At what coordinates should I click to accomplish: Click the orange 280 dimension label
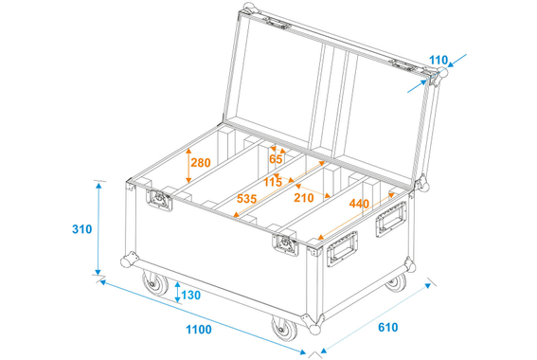(x=200, y=163)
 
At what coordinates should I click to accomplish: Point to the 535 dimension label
(x=246, y=199)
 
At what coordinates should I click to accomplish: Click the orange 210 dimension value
(x=303, y=198)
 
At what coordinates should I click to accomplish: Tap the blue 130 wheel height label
(x=190, y=296)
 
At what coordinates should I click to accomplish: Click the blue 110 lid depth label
(x=437, y=62)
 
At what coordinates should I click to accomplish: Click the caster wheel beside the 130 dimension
(x=151, y=286)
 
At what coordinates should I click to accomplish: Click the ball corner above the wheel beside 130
(x=126, y=261)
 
